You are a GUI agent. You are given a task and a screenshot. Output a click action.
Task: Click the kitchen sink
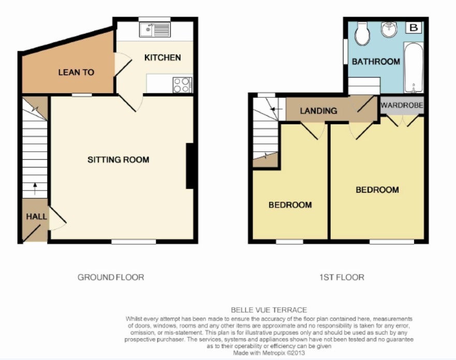click(154, 30)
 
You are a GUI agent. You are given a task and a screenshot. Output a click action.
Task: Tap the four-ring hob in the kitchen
click(182, 85)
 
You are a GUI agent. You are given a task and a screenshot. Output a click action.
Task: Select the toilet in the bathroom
click(362, 34)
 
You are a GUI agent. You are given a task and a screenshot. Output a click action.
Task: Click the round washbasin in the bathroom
click(389, 29)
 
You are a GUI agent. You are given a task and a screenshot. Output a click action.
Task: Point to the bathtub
click(414, 67)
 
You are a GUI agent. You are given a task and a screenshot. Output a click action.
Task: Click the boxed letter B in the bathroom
click(414, 27)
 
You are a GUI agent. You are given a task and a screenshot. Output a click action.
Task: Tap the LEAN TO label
click(76, 72)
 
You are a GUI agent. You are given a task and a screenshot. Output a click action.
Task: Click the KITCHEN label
click(163, 57)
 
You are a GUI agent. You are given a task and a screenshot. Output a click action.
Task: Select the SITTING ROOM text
click(119, 159)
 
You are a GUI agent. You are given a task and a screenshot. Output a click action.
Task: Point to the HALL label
click(36, 216)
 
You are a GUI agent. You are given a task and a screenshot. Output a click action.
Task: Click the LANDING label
click(318, 111)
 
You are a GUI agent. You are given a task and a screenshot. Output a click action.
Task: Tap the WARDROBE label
click(402, 105)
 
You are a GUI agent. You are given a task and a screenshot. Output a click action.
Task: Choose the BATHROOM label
click(376, 62)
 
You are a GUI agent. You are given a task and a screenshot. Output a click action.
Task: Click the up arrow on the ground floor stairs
click(35, 189)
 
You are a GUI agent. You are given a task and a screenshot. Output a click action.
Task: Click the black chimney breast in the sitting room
click(189, 166)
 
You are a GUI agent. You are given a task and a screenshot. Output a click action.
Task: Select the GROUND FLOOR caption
click(111, 277)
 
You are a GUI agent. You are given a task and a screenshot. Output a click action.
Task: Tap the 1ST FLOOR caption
click(342, 277)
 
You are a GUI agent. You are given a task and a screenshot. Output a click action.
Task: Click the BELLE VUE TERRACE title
click(269, 310)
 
